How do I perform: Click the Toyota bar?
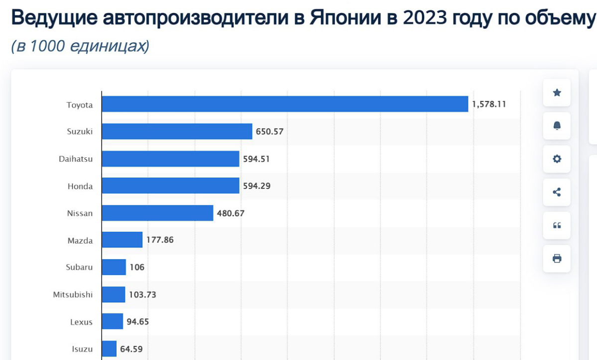[285, 104]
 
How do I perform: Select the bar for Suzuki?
[177, 131]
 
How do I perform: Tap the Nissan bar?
[157, 213]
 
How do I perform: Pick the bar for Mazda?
[122, 240]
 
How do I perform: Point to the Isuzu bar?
[109, 349]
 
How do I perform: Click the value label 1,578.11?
[489, 105]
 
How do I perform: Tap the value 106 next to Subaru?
[137, 267]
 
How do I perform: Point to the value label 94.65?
[137, 322]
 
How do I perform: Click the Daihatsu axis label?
[76, 159]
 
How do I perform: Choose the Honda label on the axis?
[80, 186]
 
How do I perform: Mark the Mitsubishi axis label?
[73, 294]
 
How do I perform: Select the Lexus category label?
[81, 322]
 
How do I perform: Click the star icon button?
[557, 93]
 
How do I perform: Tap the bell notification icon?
[557, 126]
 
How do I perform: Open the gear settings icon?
[557, 159]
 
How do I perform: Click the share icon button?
[557, 192]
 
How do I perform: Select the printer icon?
[557, 258]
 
